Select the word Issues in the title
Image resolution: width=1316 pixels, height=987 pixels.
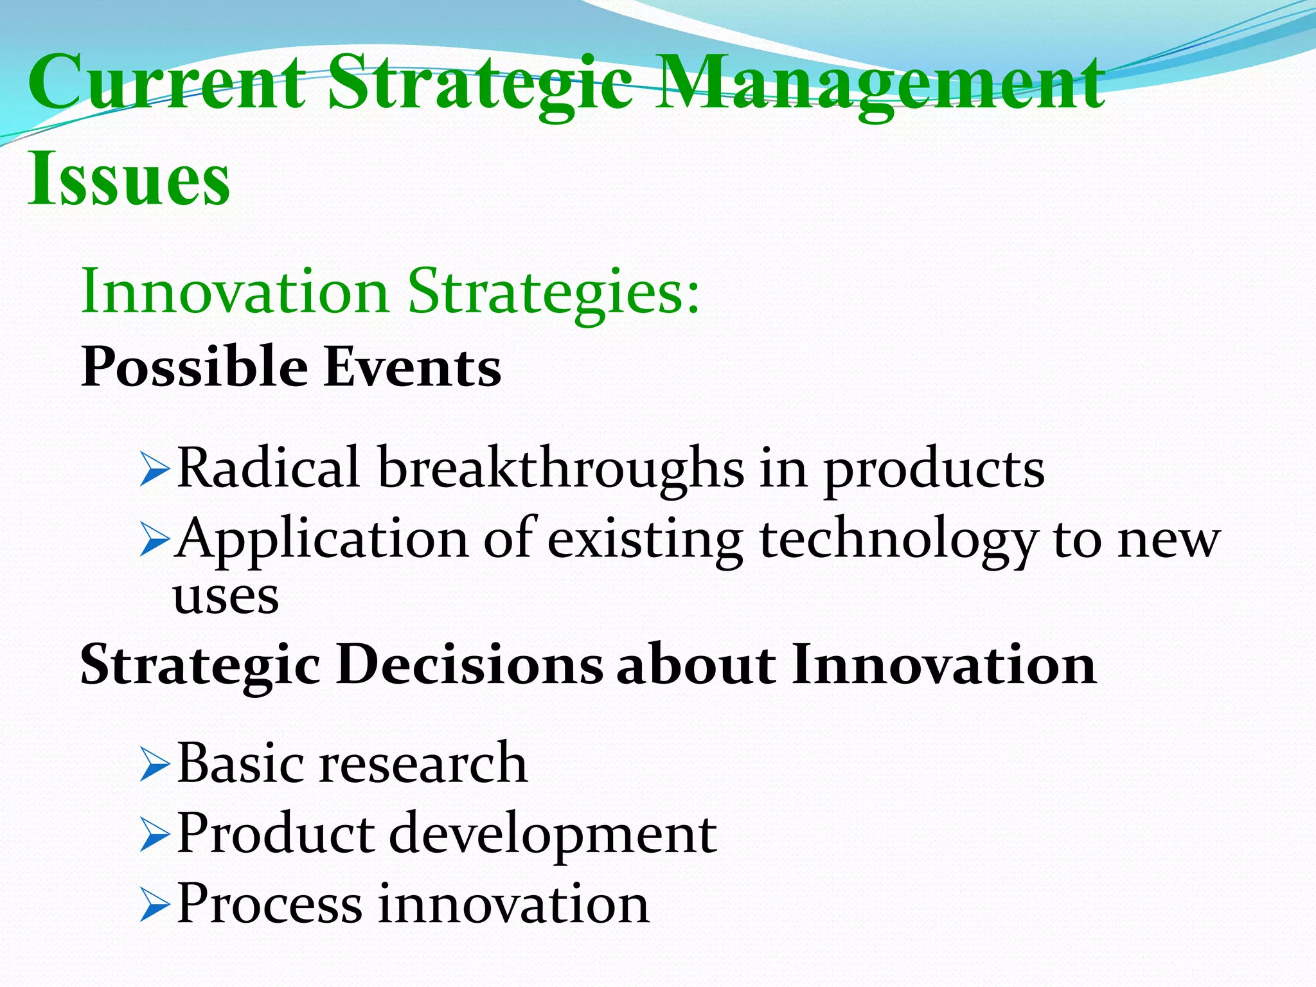click(129, 179)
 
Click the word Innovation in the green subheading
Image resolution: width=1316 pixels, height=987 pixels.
click(235, 292)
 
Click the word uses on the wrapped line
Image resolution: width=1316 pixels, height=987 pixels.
click(226, 597)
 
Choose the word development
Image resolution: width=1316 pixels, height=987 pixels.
click(553, 835)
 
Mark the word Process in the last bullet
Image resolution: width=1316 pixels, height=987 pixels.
click(269, 904)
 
